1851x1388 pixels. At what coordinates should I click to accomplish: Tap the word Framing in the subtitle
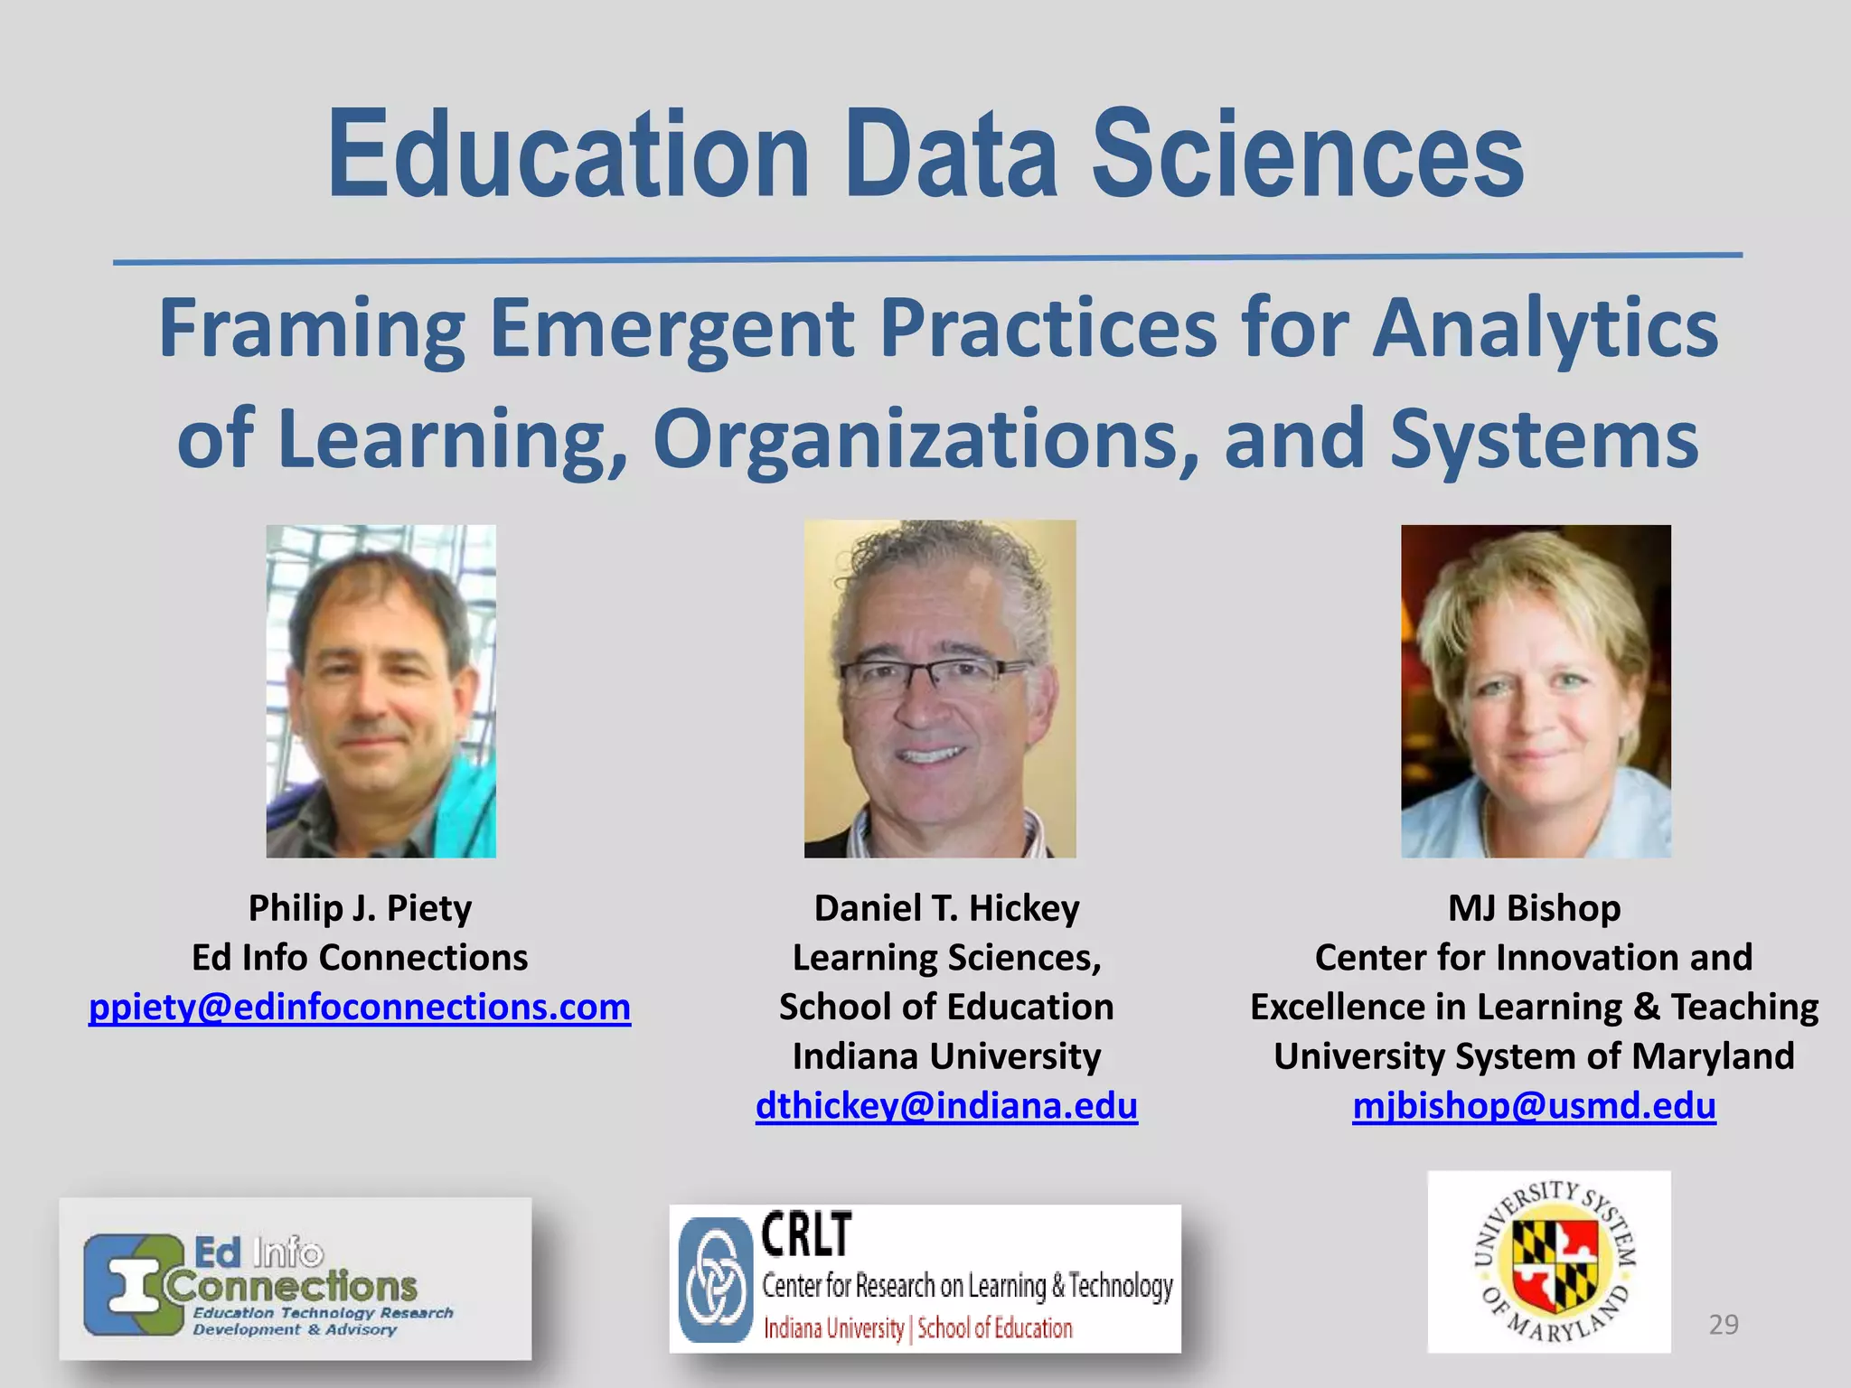click(x=312, y=329)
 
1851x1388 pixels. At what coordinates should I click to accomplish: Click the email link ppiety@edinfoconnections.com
click(x=360, y=1007)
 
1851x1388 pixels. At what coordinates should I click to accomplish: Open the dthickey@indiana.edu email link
click(x=946, y=1105)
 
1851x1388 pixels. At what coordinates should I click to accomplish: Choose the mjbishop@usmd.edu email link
click(x=1534, y=1105)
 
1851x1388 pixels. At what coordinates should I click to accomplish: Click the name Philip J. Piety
click(x=360, y=908)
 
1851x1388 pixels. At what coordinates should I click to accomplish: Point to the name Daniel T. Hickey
click(x=946, y=908)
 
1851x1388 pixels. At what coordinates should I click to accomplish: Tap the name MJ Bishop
click(x=1534, y=908)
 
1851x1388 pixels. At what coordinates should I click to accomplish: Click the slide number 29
click(x=1724, y=1325)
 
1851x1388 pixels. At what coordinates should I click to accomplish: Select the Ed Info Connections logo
click(x=296, y=1280)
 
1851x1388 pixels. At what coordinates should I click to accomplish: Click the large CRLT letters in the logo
click(x=806, y=1235)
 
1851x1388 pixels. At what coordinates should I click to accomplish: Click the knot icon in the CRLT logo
click(x=716, y=1280)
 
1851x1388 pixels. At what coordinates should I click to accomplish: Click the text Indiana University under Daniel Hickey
click(x=946, y=1056)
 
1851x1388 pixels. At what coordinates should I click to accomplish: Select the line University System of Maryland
click(x=1534, y=1056)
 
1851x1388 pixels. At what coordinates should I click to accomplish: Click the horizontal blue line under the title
click(x=927, y=259)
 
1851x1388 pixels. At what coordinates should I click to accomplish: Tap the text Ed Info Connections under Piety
click(x=360, y=958)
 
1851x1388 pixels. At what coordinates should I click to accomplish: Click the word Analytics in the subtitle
click(x=1545, y=329)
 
